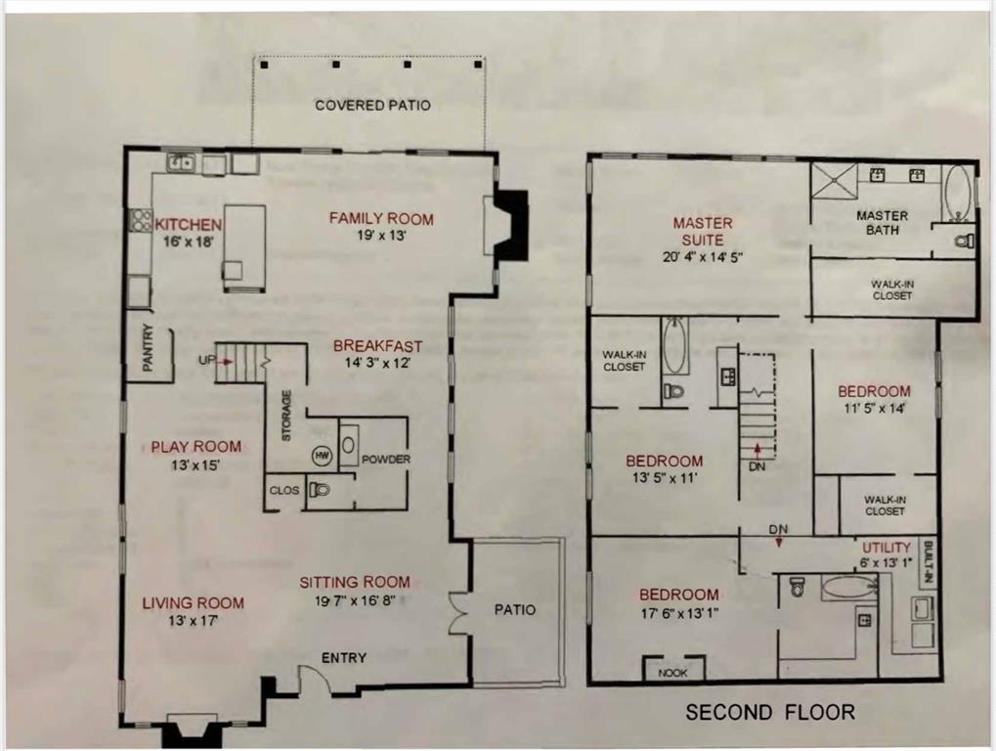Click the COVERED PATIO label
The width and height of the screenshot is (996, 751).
371,105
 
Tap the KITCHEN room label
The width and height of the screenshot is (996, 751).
188,225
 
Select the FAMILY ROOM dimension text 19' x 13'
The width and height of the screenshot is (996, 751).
381,236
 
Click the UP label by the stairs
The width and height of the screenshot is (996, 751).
206,360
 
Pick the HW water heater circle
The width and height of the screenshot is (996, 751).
322,456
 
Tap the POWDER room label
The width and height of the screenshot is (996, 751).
385,460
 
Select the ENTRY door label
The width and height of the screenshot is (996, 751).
343,658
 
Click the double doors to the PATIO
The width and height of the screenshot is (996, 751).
457,610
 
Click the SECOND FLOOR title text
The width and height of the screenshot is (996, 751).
769,712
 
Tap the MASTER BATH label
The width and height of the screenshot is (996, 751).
882,223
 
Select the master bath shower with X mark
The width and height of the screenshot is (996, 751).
835,182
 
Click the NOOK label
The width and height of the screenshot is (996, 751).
673,671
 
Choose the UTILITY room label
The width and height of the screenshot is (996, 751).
887,548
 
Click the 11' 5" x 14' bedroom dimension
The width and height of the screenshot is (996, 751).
874,411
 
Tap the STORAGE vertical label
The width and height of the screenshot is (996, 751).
287,417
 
